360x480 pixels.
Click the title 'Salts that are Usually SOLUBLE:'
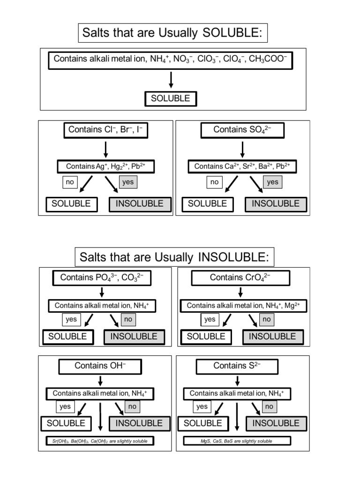point(172,33)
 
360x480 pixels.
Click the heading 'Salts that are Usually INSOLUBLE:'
point(174,257)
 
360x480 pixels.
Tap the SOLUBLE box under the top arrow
point(171,99)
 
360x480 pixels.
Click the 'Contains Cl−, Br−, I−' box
point(105,130)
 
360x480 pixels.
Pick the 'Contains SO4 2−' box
point(242,130)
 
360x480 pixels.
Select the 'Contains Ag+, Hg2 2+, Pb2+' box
point(105,166)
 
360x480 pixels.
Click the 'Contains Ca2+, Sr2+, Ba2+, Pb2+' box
point(242,166)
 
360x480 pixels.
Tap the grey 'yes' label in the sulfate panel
point(272,182)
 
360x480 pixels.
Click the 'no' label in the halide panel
point(70,182)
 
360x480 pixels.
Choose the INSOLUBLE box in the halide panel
point(140,204)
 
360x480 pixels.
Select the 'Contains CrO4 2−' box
point(240,278)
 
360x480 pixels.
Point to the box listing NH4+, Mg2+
point(243,306)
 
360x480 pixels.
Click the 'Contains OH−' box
point(100,366)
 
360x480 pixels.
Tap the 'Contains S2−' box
point(237,366)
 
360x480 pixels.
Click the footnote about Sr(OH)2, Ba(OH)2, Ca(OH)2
point(100,441)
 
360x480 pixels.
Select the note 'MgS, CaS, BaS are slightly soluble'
point(237,441)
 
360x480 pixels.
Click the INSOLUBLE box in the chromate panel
point(272,337)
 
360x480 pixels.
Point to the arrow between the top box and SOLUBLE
point(171,80)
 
